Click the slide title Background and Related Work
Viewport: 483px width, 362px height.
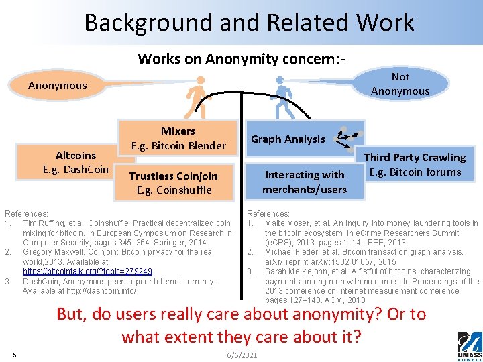pos(249,23)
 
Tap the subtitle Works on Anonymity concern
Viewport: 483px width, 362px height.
pos(241,58)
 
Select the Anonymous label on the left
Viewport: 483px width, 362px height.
pos(58,85)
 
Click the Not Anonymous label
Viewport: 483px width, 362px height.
pos(400,83)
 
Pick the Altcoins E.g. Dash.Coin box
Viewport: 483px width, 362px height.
pos(75,162)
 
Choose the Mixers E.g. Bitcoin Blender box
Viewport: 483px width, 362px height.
pos(178,138)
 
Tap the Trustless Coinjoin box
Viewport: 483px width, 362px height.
pos(174,182)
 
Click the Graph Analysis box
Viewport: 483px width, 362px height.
pos(288,139)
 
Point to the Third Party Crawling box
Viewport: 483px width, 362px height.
pos(415,164)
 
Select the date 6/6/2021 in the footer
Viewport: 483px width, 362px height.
pos(241,355)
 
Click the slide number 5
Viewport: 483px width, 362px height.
pos(14,354)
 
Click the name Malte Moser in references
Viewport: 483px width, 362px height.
pos(284,223)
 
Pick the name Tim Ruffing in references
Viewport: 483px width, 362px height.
pos(42,223)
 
